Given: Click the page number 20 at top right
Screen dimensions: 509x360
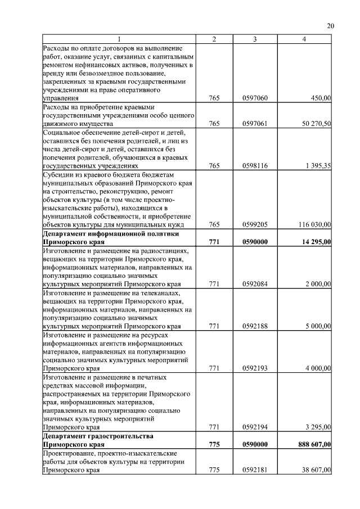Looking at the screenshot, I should click(330, 26).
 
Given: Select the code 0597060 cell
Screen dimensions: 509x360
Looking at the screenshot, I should click(255, 98).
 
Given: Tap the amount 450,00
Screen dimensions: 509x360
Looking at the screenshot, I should click(321, 98).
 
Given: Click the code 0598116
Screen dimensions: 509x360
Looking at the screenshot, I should click(255, 166).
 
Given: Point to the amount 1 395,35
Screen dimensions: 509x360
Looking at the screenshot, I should click(318, 166).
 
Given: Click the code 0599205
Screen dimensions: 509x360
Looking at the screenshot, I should click(255, 225).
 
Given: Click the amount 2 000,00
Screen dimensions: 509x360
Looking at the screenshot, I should click(318, 285).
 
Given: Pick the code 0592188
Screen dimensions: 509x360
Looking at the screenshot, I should click(255, 326).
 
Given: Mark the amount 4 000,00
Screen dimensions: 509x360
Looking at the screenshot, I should click(318, 368).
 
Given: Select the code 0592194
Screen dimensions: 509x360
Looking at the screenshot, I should click(255, 428).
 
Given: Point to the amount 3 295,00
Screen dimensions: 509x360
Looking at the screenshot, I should click(318, 428).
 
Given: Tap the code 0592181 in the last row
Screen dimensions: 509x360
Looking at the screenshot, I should click(255, 470).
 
